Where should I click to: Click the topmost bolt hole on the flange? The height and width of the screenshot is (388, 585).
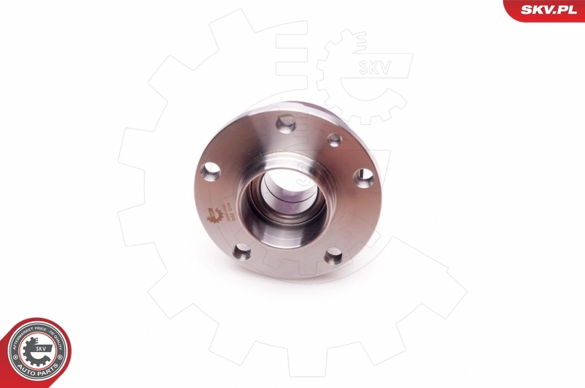(287, 122)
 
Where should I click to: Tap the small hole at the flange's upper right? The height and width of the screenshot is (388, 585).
(334, 140)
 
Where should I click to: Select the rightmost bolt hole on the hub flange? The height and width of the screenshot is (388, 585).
(363, 178)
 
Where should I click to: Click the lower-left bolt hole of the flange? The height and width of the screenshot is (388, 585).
(241, 252)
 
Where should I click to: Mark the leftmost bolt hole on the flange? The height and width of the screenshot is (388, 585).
(211, 172)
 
